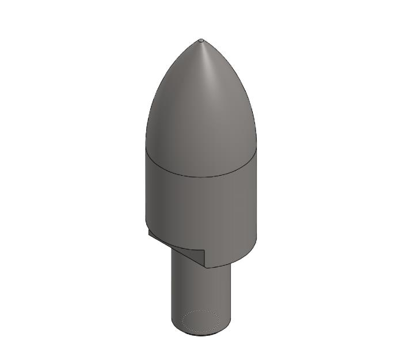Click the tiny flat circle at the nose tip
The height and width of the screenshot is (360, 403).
[x=201, y=40]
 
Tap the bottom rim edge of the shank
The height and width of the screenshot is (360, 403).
[x=201, y=335]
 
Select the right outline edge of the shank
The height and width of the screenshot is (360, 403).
[x=233, y=294]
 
